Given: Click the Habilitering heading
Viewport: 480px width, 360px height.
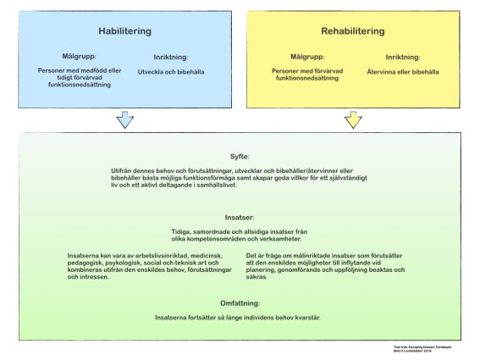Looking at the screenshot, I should click(124, 31).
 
